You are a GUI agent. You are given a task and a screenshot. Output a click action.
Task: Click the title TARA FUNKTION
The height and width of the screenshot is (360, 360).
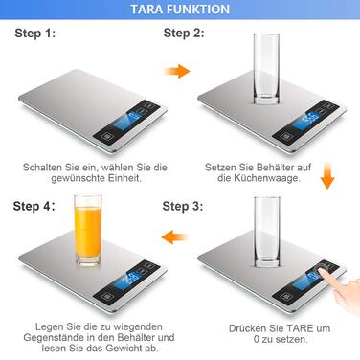[x=180, y=10]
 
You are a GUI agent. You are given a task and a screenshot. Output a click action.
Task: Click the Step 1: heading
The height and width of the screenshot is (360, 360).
[x=35, y=34]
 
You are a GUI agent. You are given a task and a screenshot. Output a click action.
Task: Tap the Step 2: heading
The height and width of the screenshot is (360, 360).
[x=184, y=33]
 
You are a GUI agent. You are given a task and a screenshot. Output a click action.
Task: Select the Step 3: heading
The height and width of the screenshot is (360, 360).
[x=183, y=206]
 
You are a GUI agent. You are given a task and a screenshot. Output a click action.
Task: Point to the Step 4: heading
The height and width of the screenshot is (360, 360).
[x=34, y=206]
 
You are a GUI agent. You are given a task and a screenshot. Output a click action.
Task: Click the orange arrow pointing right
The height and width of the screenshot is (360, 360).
[x=177, y=71]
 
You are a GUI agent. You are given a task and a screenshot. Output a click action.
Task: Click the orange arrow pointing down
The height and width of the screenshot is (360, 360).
[x=327, y=175]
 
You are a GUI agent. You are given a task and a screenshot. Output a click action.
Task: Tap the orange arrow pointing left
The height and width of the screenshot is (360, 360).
[x=174, y=237]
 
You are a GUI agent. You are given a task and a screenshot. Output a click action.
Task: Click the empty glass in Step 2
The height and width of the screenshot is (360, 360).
[x=266, y=69]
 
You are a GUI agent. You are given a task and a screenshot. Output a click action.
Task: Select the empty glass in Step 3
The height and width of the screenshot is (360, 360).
[x=267, y=232]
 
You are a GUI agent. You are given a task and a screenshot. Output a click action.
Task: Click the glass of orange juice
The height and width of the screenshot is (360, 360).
[x=88, y=231]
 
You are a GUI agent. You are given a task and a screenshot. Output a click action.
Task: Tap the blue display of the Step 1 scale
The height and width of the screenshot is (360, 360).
[x=131, y=119]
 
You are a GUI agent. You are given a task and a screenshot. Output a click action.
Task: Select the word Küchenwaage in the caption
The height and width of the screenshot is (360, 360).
[x=267, y=178]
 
